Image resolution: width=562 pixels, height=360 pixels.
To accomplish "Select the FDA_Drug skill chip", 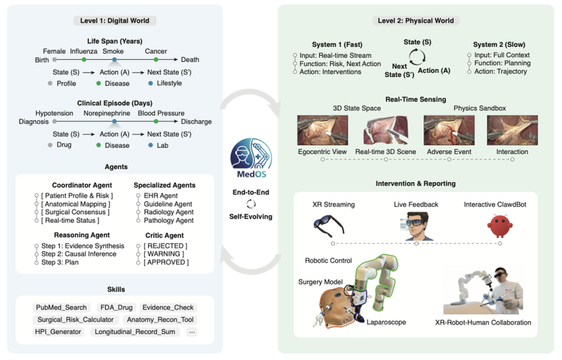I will [x=113, y=307].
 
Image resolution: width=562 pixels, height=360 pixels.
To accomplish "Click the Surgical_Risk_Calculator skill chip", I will [x=74, y=319].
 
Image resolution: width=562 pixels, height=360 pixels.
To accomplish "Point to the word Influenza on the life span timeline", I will [x=84, y=51].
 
